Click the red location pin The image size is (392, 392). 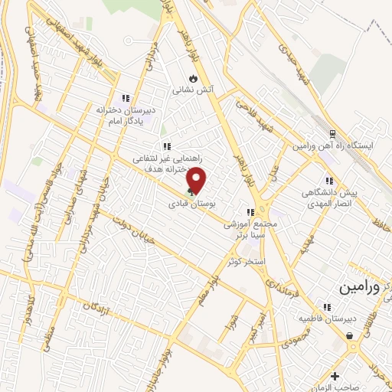(x=197, y=179)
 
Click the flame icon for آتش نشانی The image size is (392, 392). (x=193, y=77)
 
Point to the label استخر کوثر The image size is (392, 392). (x=246, y=262)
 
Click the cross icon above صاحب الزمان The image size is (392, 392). (x=335, y=375)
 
